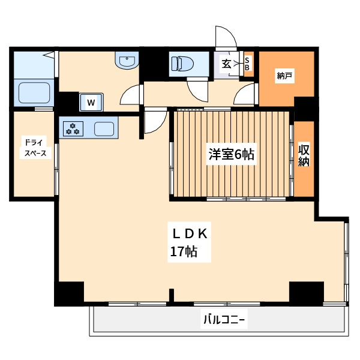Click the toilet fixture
[x=182, y=64]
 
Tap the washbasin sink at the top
[x=127, y=60]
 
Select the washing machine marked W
[x=91, y=102]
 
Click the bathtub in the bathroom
[x=34, y=92]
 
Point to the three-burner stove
[x=73, y=128]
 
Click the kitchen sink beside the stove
[x=104, y=128]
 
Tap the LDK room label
[x=190, y=234]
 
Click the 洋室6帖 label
[x=231, y=154]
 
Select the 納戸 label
[x=284, y=76]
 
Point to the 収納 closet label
[x=304, y=155]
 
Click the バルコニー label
[x=224, y=319]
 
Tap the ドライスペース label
[x=35, y=148]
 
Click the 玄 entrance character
[x=226, y=64]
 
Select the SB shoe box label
[x=247, y=64]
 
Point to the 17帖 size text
[x=184, y=252]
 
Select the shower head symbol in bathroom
[x=49, y=55]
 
